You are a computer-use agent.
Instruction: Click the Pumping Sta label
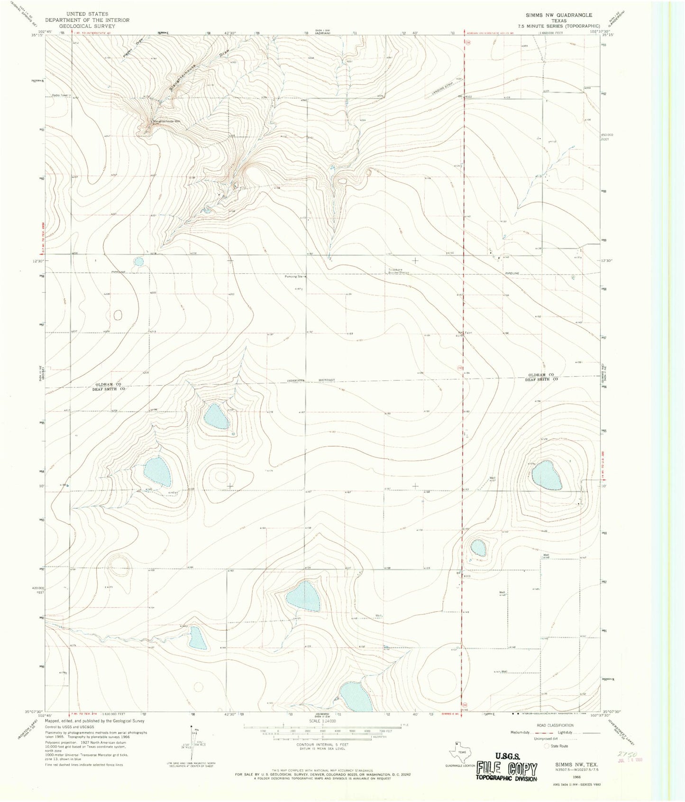[294, 277]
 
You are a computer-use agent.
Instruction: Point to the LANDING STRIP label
[443, 91]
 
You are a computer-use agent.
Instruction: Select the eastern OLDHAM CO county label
[541, 375]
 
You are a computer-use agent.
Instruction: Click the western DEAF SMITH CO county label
[110, 388]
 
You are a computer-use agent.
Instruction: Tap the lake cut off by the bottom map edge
[356, 697]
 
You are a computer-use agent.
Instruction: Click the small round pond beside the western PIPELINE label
[138, 261]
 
